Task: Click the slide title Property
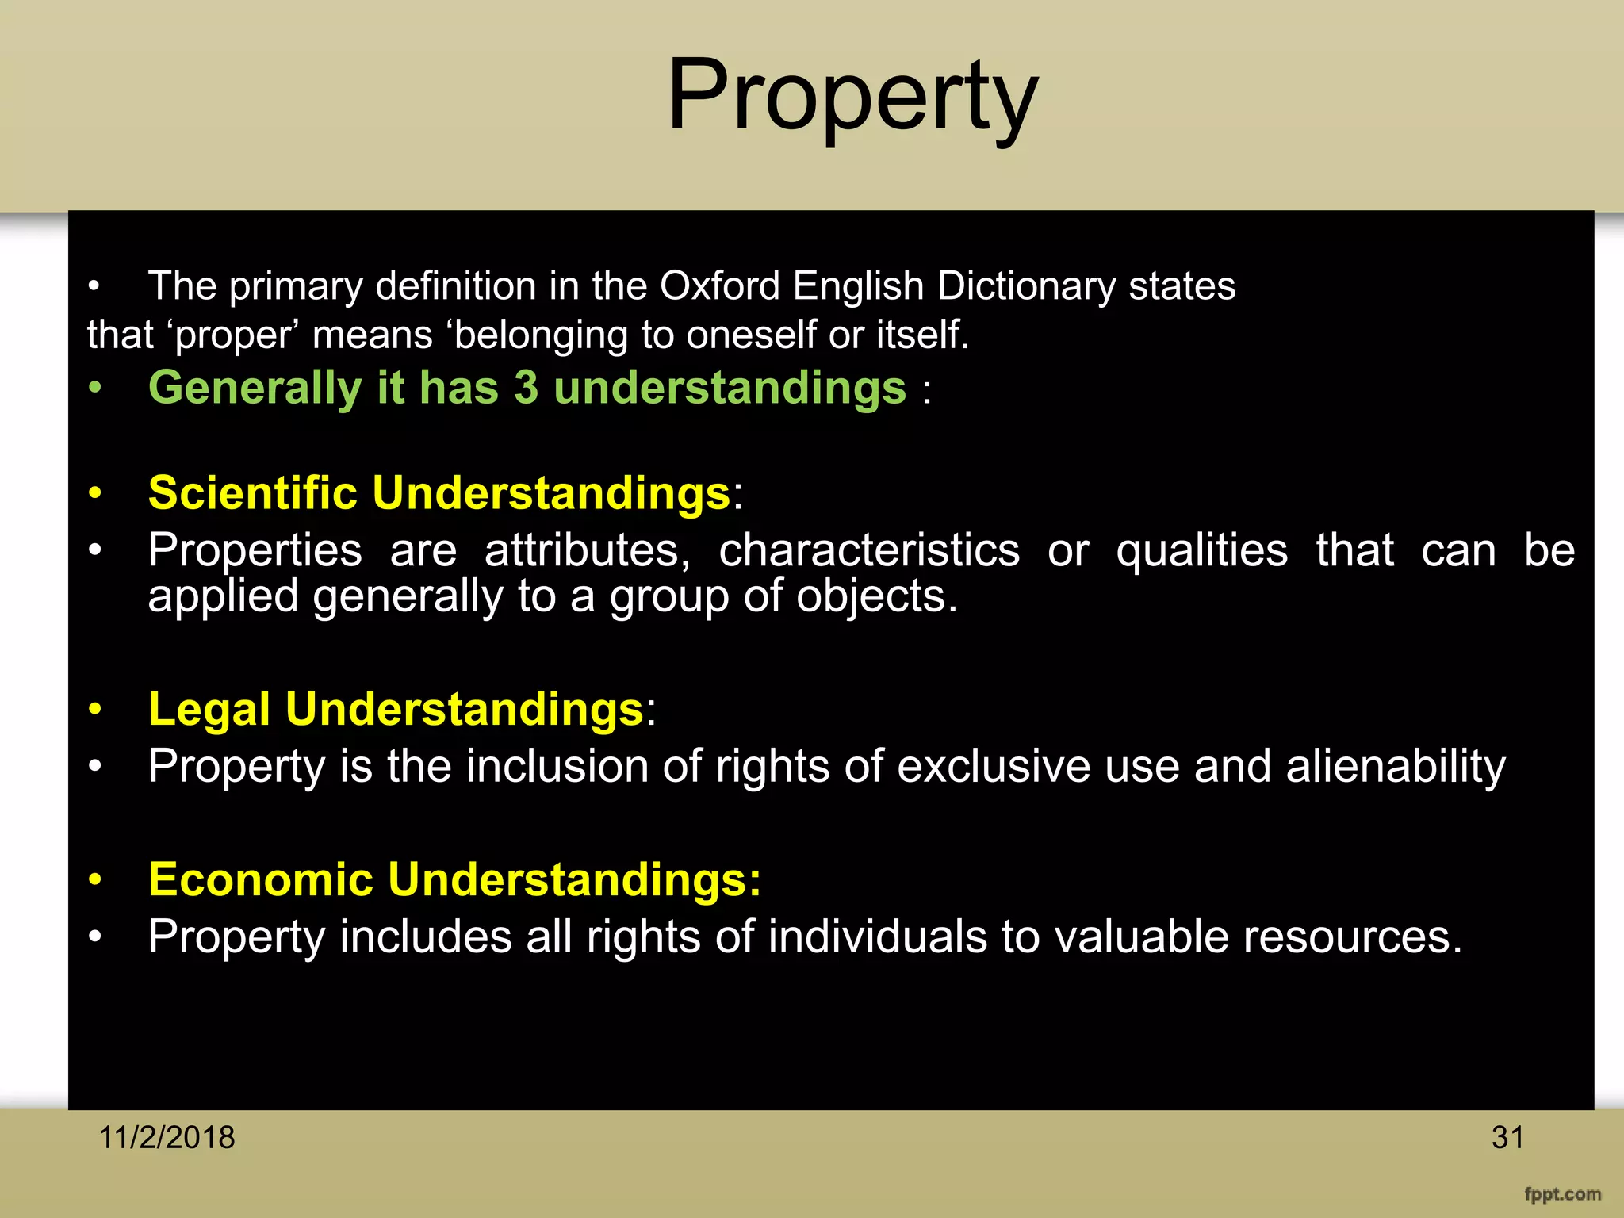(852, 97)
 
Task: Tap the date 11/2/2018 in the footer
(167, 1137)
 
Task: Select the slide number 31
(1507, 1137)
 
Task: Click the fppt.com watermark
(1562, 1194)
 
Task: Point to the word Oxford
(719, 285)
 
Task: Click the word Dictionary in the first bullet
(1025, 287)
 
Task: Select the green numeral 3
(526, 388)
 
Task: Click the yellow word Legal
(209, 709)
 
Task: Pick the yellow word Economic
(261, 879)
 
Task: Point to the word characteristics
(869, 550)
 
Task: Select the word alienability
(1396, 767)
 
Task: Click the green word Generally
(255, 389)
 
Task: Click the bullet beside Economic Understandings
(95, 879)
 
